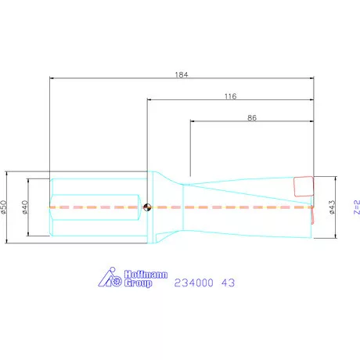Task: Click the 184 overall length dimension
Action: (x=182, y=75)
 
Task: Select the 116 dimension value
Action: (x=231, y=96)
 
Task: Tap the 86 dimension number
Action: (x=252, y=118)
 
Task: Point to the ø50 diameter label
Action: (x=3, y=207)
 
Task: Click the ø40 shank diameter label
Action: (x=25, y=207)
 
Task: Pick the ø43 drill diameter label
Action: (x=332, y=207)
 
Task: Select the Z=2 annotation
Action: (x=357, y=207)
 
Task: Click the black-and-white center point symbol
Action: (x=147, y=207)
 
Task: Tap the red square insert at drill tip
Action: (x=304, y=186)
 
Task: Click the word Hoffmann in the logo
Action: (x=146, y=275)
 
